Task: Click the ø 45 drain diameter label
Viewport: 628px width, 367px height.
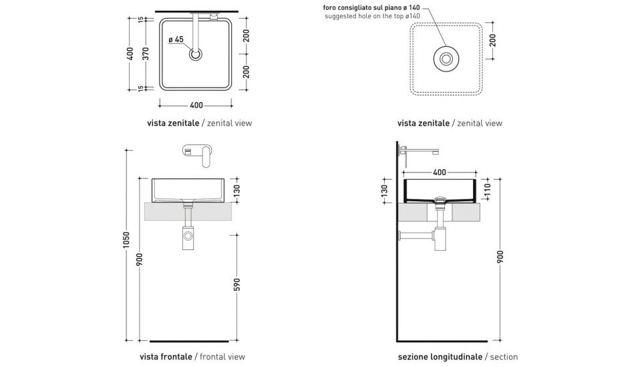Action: (x=176, y=39)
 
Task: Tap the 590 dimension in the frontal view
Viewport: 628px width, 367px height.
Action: (x=236, y=285)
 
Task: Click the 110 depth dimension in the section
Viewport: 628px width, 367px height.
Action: (x=487, y=191)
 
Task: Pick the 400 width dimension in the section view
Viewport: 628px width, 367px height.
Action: (x=439, y=172)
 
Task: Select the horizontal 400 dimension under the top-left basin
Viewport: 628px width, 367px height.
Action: (x=196, y=105)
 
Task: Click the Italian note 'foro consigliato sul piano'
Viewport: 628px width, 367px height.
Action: (x=371, y=7)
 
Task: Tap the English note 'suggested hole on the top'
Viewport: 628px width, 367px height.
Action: (x=372, y=16)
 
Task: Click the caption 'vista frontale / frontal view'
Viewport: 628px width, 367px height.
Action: (x=196, y=357)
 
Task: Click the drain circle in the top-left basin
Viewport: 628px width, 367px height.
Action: (x=196, y=55)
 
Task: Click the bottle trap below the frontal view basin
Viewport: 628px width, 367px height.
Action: (x=188, y=237)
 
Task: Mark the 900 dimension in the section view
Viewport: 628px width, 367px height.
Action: (x=500, y=257)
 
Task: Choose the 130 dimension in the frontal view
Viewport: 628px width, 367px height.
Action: (x=236, y=191)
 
